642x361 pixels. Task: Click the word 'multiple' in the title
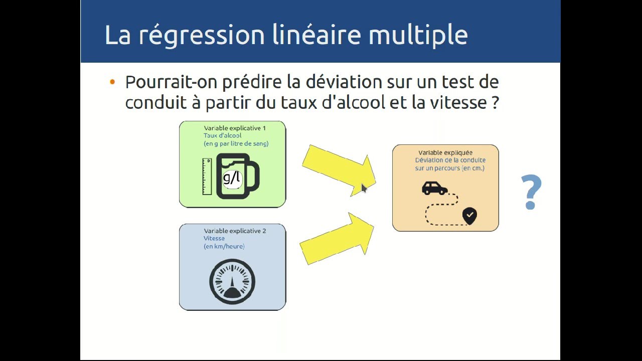[x=418, y=35]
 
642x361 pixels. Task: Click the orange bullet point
[x=112, y=82]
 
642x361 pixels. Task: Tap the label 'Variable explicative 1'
[x=235, y=128]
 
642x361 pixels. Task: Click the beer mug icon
[x=238, y=176]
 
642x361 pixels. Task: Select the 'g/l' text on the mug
[x=232, y=177]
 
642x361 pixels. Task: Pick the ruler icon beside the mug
[x=207, y=176]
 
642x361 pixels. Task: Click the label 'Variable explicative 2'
[x=235, y=231]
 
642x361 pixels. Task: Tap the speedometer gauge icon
[x=232, y=282]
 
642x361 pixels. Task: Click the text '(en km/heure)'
[x=224, y=246]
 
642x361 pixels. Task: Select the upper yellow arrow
[x=338, y=168]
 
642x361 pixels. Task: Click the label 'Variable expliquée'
[x=445, y=152]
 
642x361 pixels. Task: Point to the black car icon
[x=434, y=188]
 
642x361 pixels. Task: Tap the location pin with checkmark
[x=469, y=216]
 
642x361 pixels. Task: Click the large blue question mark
[x=531, y=192]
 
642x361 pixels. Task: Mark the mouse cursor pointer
[x=364, y=188]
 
